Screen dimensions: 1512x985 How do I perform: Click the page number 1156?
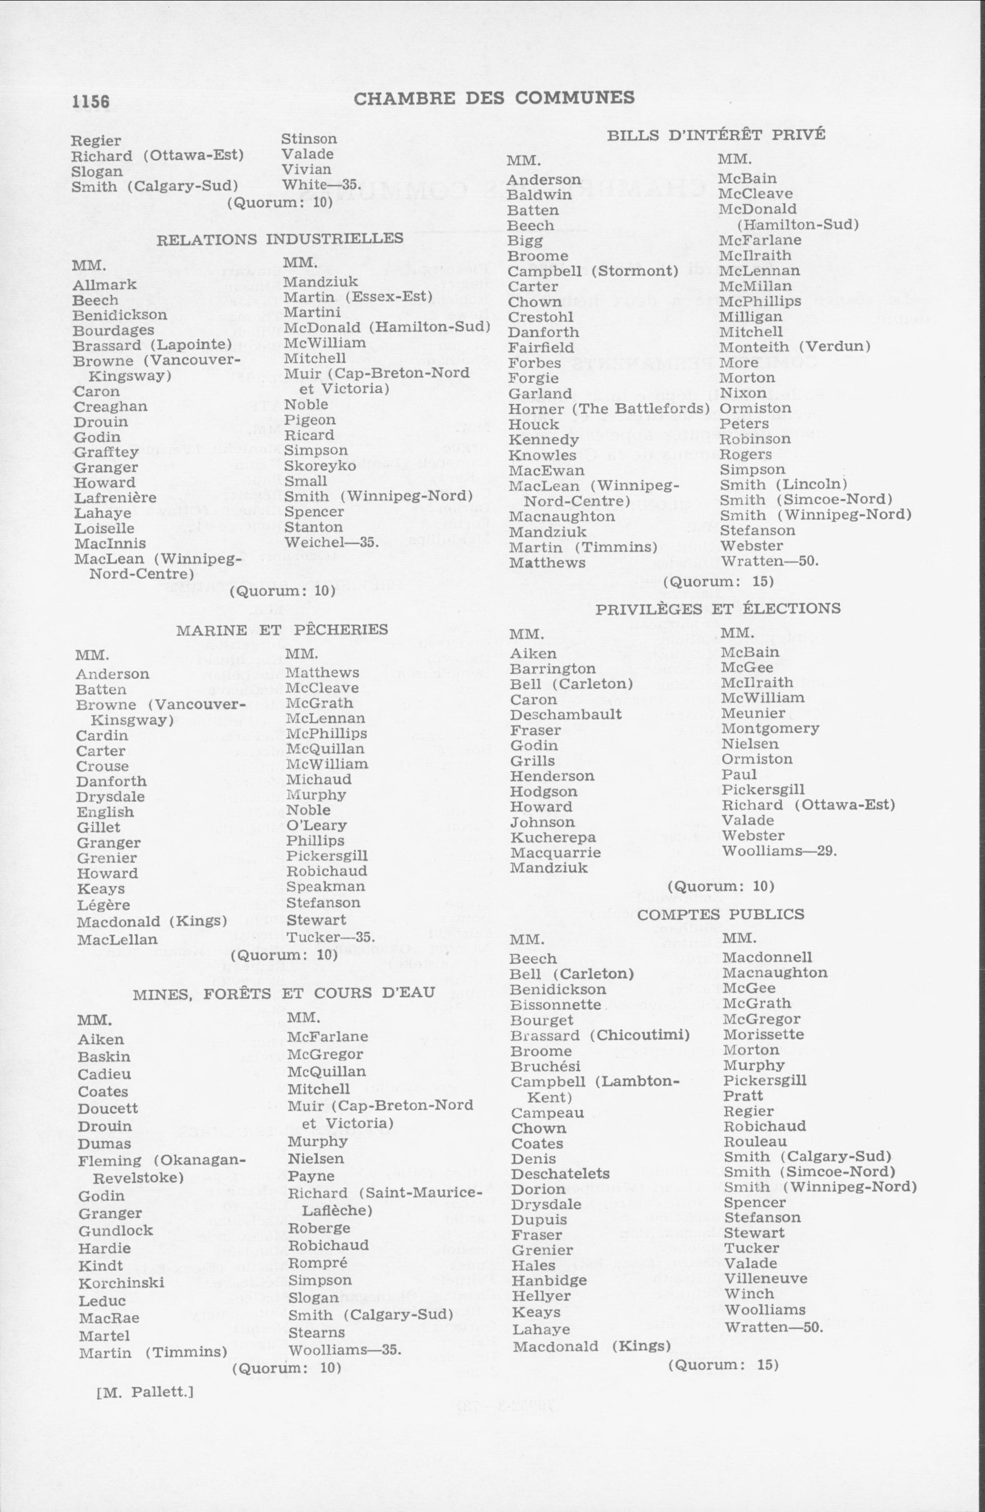(90, 102)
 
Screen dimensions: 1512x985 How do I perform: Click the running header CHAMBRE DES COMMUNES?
(494, 98)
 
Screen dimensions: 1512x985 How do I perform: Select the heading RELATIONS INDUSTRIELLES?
(279, 239)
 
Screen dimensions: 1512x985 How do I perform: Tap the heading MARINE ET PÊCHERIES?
(282, 629)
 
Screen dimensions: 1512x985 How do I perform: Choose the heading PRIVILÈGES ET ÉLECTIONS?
(717, 609)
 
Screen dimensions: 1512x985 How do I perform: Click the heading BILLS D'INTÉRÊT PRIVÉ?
(716, 135)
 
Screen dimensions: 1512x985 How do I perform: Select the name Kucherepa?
(553, 837)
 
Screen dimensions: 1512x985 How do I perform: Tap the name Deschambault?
(566, 715)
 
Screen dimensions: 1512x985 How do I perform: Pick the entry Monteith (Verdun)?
(794, 347)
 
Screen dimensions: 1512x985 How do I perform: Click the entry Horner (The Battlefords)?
(609, 409)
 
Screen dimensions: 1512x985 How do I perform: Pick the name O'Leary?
(316, 825)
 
